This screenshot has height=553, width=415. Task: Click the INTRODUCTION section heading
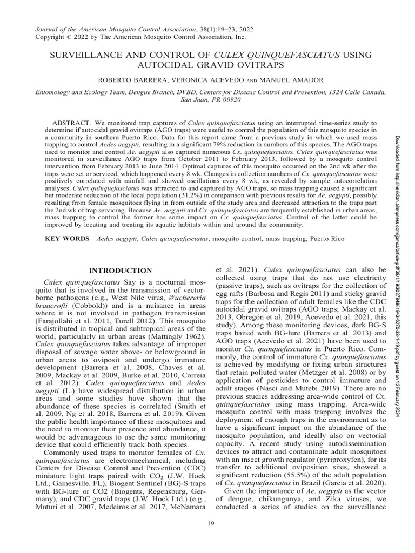pyautogui.click(x=120, y=270)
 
